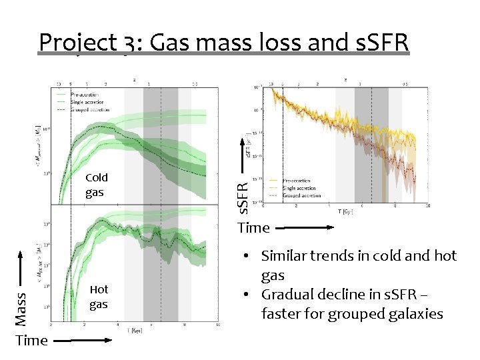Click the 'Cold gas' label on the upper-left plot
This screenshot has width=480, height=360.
(x=96, y=185)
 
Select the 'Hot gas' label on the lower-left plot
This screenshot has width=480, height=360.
(x=99, y=297)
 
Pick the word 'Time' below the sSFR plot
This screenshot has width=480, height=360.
(x=253, y=228)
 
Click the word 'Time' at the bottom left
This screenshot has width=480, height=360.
(x=31, y=341)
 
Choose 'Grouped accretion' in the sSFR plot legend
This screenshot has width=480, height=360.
(x=301, y=196)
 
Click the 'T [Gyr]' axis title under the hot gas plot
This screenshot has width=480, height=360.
(x=135, y=330)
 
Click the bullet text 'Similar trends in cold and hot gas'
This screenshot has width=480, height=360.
(x=359, y=265)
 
